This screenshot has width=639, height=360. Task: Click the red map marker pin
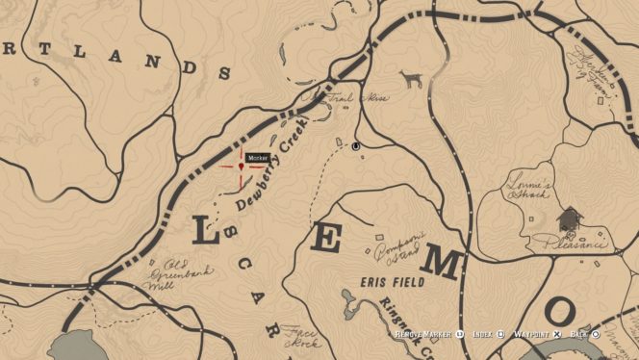click(x=240, y=166)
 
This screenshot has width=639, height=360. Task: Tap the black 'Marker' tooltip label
click(x=257, y=158)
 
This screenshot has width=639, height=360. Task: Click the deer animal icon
click(x=412, y=79)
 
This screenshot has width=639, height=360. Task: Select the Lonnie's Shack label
click(x=528, y=190)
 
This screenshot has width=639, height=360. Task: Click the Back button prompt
click(x=585, y=334)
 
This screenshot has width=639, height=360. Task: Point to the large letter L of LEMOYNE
click(x=204, y=230)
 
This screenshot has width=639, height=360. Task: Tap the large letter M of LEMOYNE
click(x=445, y=262)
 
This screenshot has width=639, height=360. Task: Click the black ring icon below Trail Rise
click(x=356, y=146)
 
